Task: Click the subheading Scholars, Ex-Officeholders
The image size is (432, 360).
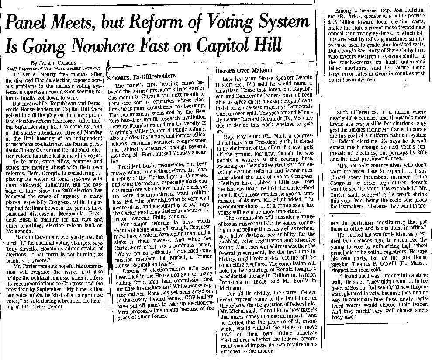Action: [138, 76]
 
